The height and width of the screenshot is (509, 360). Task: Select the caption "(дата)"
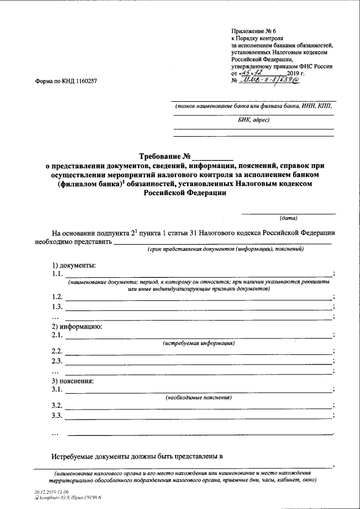(x=289, y=218)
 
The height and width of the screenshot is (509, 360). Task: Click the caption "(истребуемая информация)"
(x=199, y=343)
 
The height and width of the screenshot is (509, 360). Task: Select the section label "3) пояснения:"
(x=73, y=381)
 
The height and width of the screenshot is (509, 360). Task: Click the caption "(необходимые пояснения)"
(x=199, y=397)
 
